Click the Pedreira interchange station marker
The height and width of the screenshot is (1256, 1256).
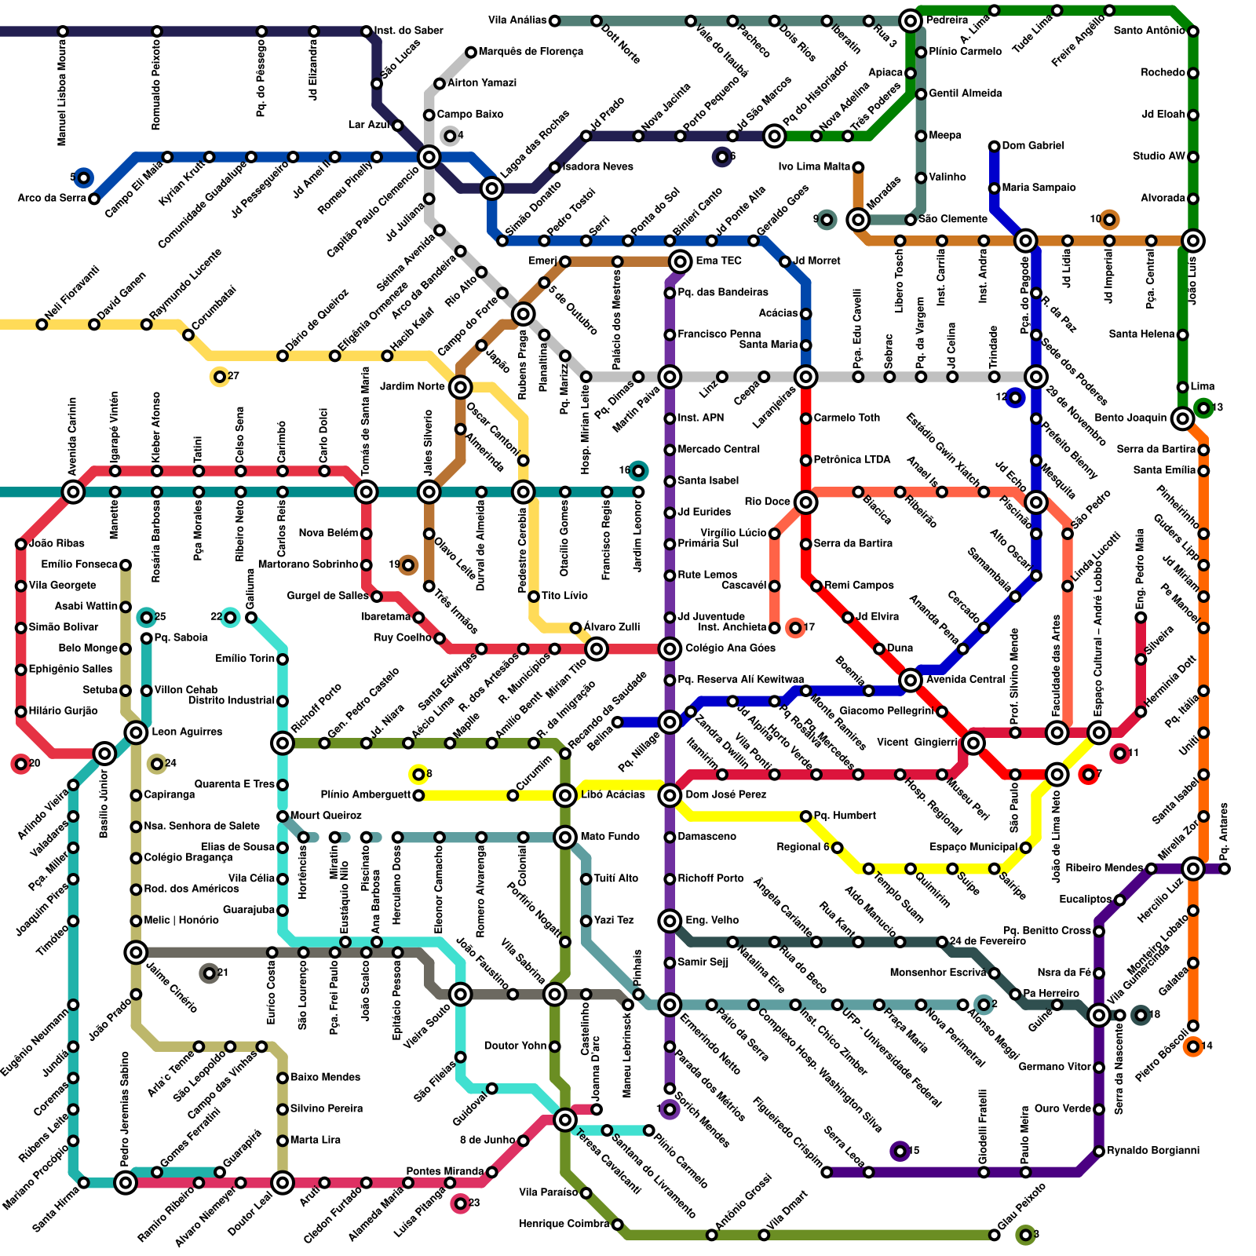coord(911,20)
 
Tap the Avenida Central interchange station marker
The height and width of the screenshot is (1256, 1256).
coord(911,680)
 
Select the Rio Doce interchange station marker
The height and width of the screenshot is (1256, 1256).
coord(805,502)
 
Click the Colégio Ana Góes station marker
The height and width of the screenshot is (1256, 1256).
coord(670,648)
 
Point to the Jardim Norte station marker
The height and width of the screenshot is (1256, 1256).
coord(461,386)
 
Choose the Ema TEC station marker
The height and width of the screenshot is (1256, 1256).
coord(681,261)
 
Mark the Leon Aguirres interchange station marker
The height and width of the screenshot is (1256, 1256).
coord(137,732)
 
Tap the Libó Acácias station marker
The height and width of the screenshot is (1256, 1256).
coord(565,795)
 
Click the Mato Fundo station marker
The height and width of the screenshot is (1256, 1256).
coord(565,838)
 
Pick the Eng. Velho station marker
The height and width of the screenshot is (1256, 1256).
coord(670,920)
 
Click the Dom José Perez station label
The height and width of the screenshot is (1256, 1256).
coord(721,794)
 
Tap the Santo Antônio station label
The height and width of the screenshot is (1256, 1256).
coord(1148,31)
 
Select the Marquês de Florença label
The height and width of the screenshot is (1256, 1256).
coord(531,52)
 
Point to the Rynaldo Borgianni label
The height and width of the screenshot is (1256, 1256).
coord(1153,1151)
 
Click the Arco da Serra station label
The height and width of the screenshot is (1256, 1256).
coord(51,198)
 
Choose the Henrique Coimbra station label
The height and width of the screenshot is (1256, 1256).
coord(564,1224)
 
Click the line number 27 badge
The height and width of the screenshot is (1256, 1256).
coord(220,377)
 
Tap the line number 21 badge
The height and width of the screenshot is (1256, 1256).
coord(209,973)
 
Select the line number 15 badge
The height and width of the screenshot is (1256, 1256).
coord(900,1151)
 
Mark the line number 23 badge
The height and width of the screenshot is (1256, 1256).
coord(461,1203)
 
